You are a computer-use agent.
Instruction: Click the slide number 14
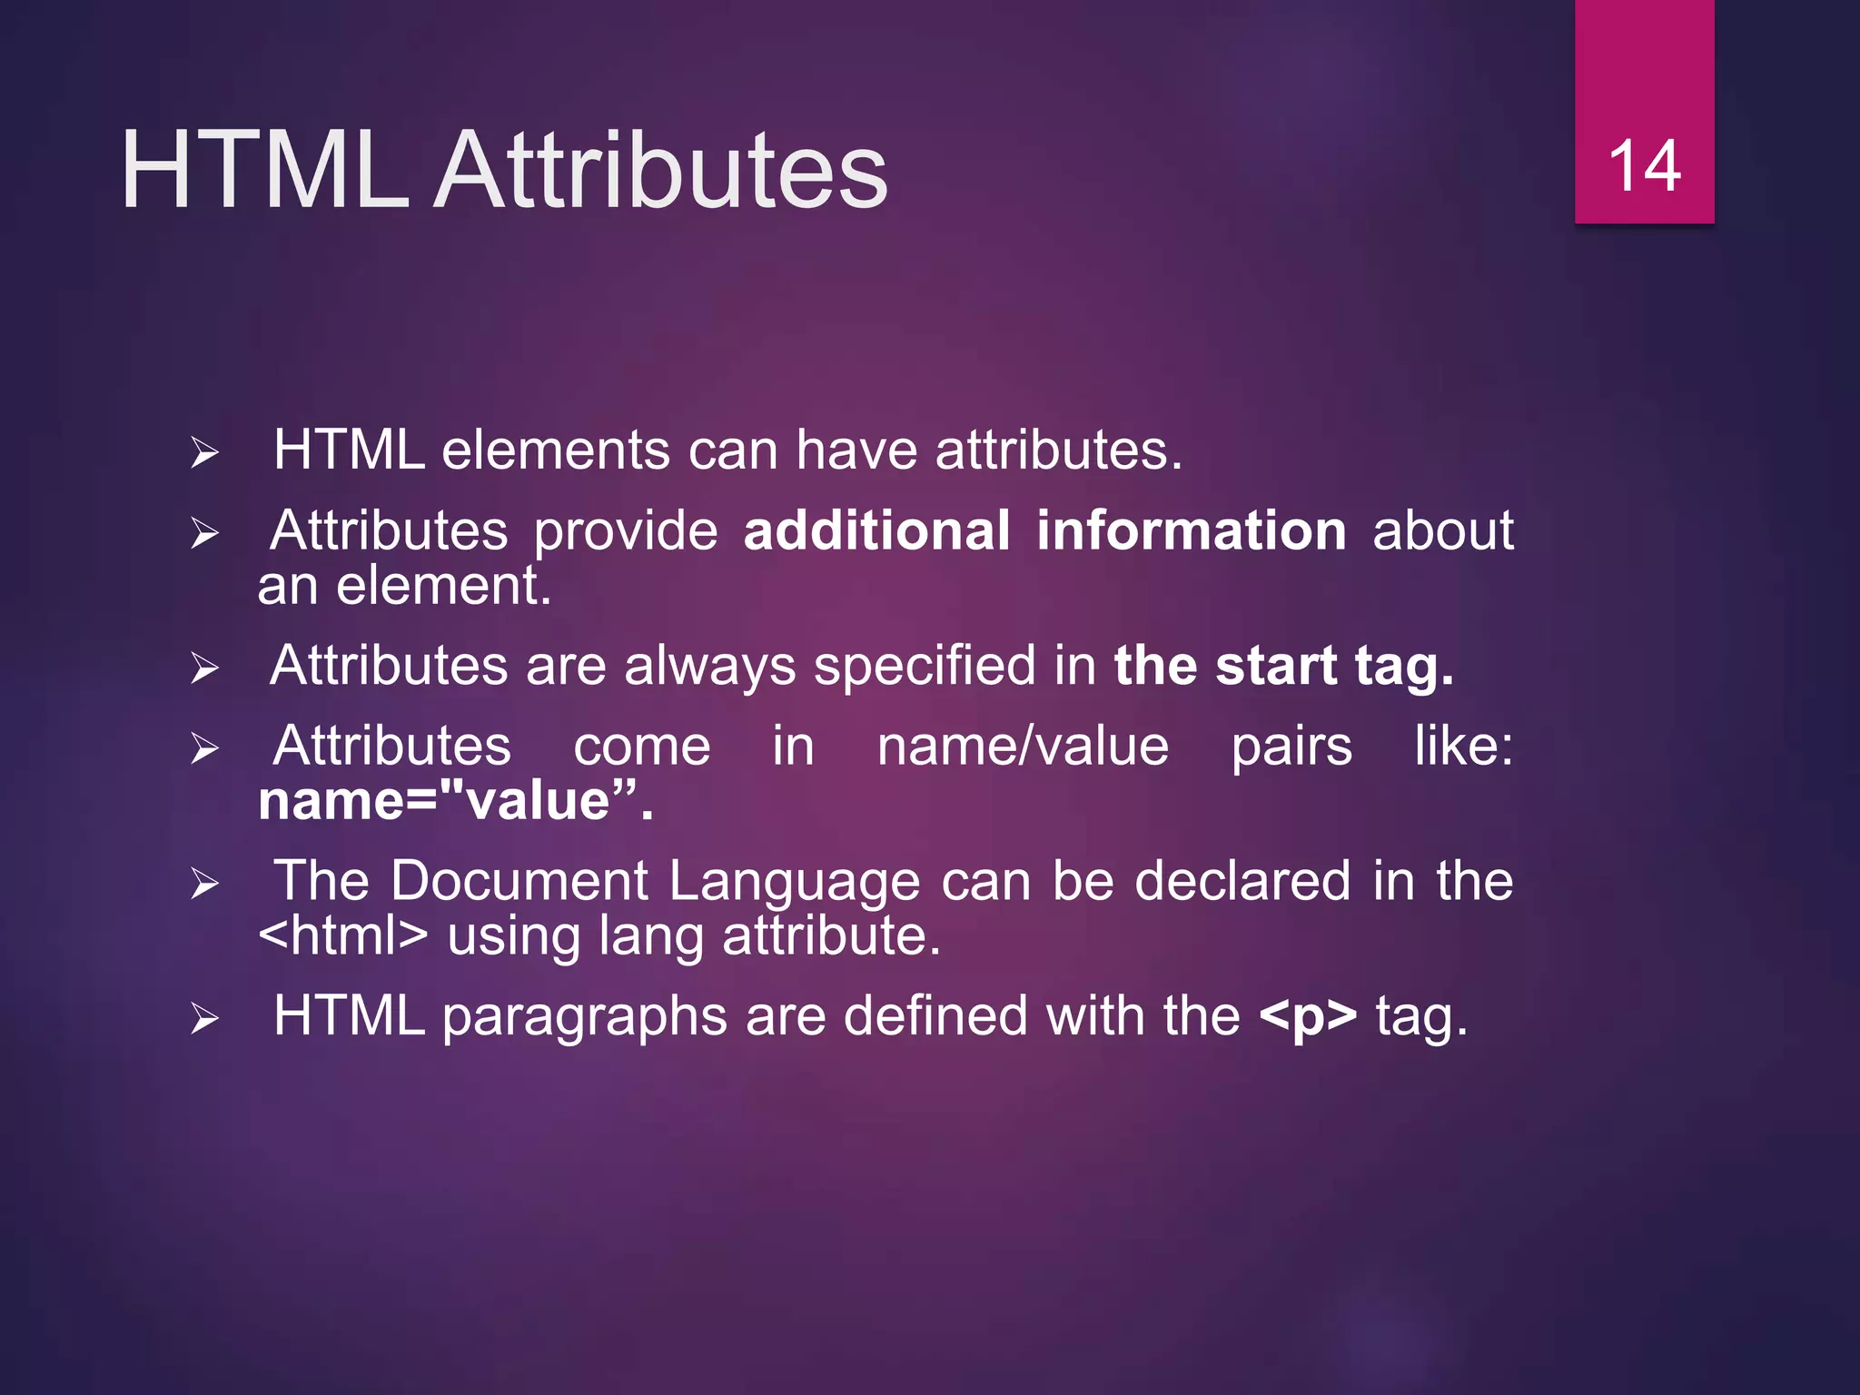point(1644,167)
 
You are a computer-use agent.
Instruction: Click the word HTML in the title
point(264,170)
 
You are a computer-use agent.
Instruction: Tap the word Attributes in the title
point(660,170)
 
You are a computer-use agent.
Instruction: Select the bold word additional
point(876,530)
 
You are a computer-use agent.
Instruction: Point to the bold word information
point(1191,530)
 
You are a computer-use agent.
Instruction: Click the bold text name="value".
point(455,801)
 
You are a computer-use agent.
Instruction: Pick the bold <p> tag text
point(1308,1016)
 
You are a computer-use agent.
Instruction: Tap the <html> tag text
point(342,935)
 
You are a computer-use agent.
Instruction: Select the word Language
point(795,882)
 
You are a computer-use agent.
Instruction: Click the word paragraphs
point(584,1017)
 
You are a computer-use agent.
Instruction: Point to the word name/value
point(1023,747)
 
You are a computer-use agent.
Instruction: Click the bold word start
point(1275,666)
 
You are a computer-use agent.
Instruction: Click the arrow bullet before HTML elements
point(205,452)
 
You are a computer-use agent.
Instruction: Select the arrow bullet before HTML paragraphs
point(205,1019)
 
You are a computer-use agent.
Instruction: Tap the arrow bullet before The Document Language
point(205,883)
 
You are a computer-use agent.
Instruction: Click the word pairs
point(1291,748)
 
